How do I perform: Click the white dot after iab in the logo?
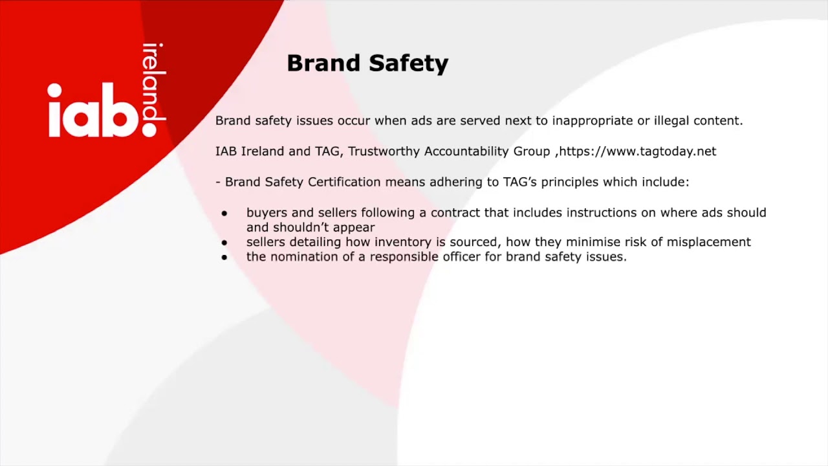pos(150,129)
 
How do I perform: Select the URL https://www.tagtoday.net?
pos(637,151)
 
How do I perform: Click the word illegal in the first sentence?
pos(671,121)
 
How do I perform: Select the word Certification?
pos(344,182)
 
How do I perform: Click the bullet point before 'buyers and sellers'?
pos(224,213)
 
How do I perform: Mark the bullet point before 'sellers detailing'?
pos(224,242)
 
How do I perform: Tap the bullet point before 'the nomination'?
pos(224,257)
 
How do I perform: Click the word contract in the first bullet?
pos(455,212)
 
